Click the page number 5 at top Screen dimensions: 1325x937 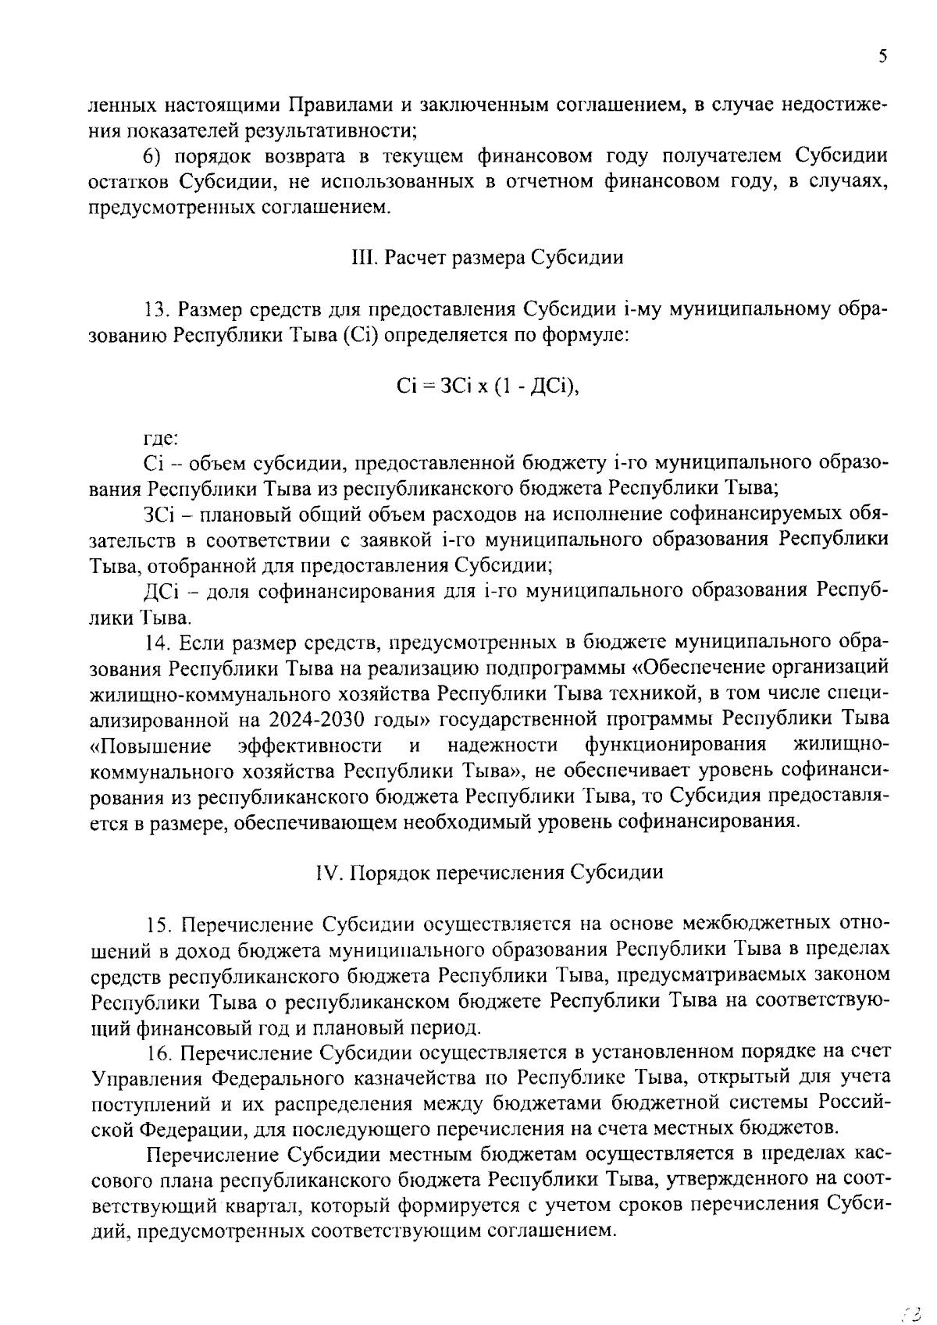pos(882,56)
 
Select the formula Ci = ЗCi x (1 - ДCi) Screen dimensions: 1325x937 pos(488,386)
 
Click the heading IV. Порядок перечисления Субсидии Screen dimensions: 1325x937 pos(490,872)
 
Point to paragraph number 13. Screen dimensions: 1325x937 pos(159,310)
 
